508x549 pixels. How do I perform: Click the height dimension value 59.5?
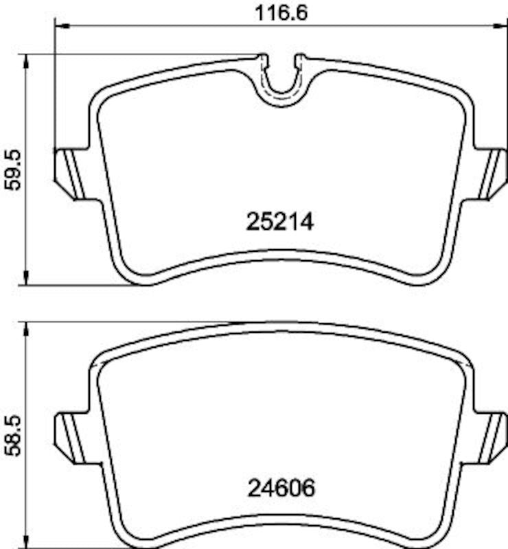14,170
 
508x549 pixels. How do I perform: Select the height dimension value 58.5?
14,434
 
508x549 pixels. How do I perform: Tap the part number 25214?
279,222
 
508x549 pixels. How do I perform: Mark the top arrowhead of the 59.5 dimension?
26,63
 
